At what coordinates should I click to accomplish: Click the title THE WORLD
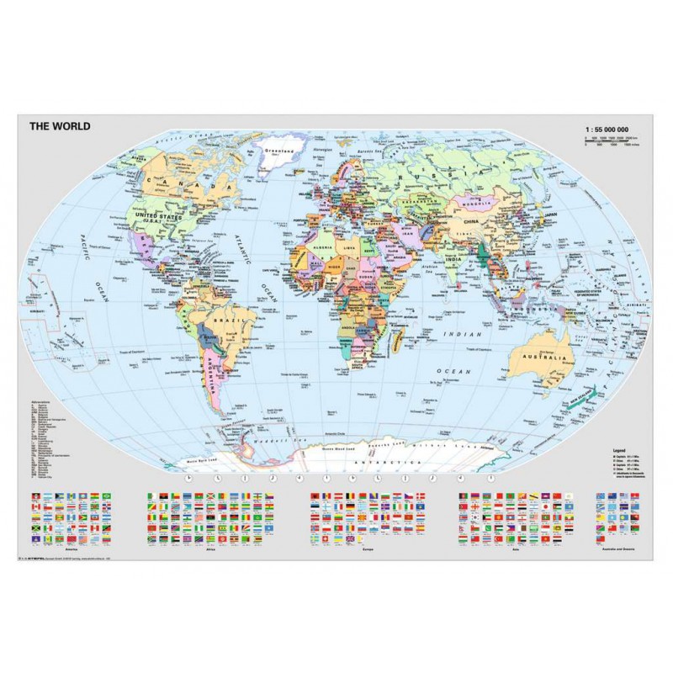(60, 127)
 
